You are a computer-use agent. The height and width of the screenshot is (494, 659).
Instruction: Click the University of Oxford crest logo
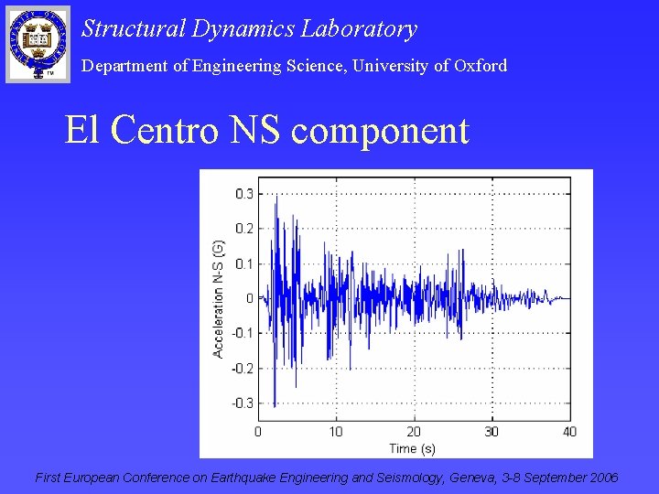tap(38, 43)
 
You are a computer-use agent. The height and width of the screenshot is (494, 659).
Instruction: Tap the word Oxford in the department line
tap(480, 66)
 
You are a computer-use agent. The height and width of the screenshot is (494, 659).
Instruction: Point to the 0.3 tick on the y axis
tap(244, 194)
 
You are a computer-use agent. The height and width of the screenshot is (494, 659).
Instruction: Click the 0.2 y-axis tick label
tap(244, 229)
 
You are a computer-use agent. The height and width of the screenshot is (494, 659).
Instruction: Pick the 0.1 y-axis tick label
tap(244, 263)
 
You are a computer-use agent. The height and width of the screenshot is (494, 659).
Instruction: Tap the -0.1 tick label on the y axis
tap(243, 333)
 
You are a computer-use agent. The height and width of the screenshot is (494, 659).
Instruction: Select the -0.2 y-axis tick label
tap(243, 368)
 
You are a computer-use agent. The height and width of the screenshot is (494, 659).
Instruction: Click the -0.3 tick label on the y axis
tap(243, 403)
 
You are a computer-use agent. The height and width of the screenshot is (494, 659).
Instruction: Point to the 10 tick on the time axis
tap(336, 432)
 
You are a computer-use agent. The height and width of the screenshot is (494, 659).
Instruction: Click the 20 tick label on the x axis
tap(414, 432)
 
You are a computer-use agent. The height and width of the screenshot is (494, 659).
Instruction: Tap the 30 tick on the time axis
tap(492, 432)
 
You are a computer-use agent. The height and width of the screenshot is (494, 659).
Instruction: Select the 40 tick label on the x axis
tap(569, 432)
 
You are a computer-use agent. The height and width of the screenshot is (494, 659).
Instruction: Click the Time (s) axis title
tap(413, 447)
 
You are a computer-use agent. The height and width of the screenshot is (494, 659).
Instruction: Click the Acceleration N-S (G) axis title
tap(219, 298)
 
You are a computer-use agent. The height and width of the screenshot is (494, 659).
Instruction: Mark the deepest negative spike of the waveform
tap(275, 405)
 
